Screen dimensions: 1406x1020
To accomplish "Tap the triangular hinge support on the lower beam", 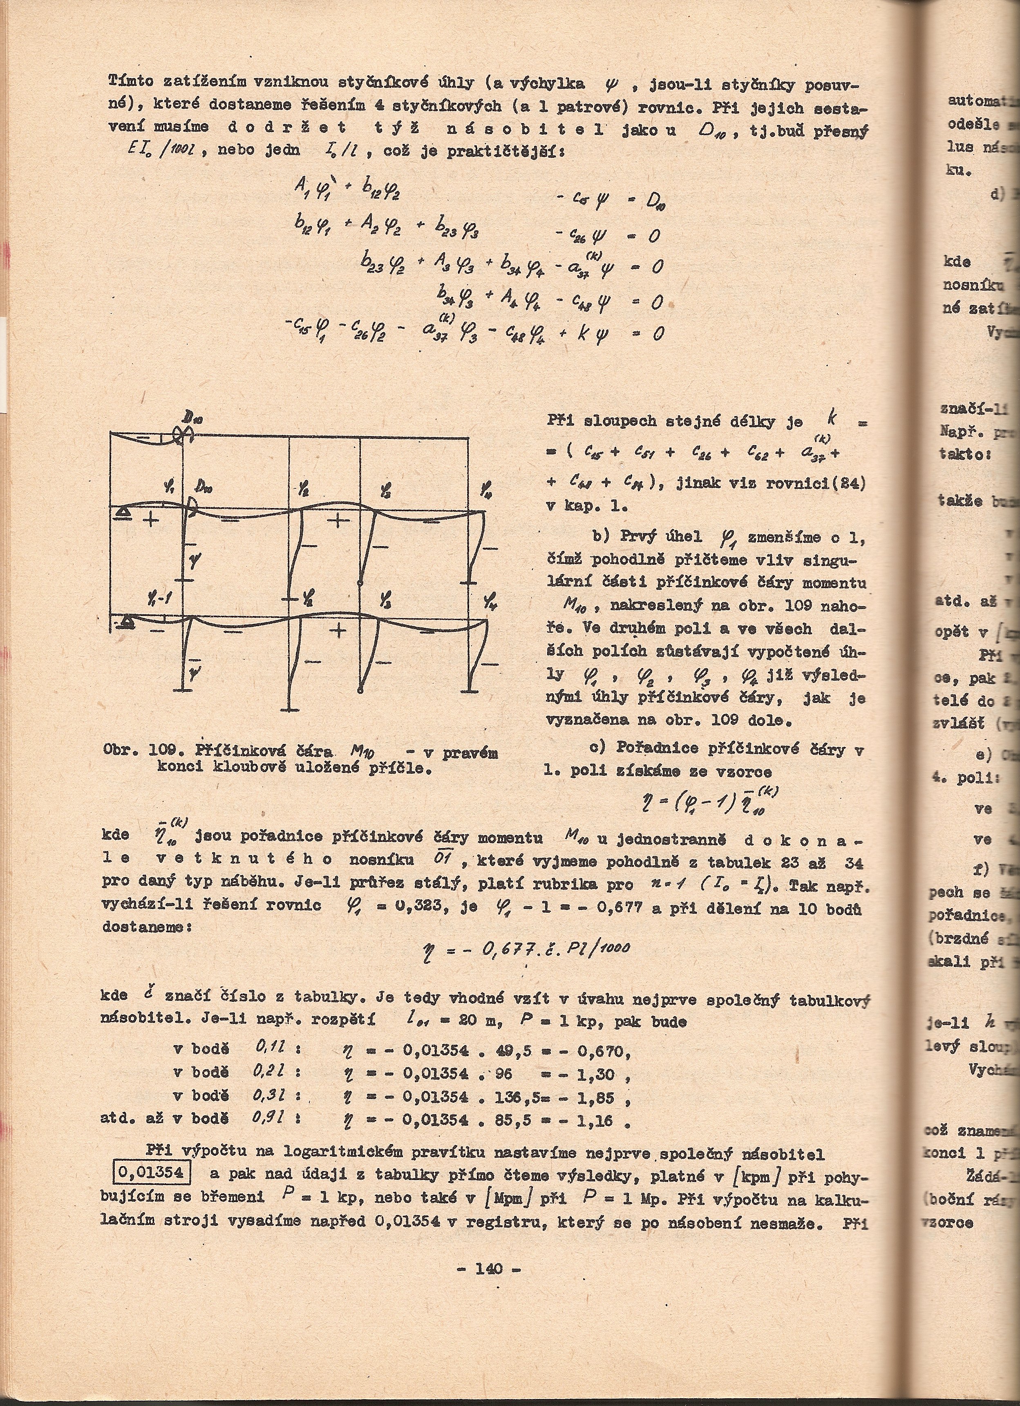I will [128, 622].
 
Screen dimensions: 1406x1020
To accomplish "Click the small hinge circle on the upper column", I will [361, 583].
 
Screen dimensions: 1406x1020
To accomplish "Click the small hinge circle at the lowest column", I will [361, 690].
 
